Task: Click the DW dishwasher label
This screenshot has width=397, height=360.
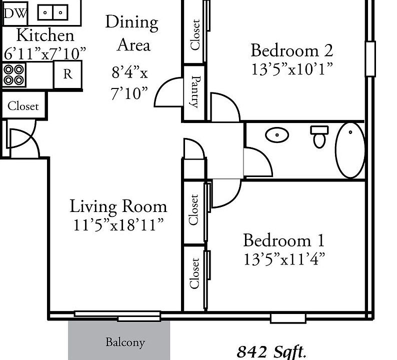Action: click(x=15, y=13)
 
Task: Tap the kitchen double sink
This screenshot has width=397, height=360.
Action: click(x=52, y=12)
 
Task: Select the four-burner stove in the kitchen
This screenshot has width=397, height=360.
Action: click(x=14, y=74)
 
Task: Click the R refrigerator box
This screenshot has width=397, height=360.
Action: click(x=68, y=74)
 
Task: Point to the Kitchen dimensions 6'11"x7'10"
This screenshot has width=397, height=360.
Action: click(x=45, y=53)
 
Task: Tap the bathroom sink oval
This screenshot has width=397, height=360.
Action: click(x=277, y=134)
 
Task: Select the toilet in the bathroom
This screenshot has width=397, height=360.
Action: click(x=319, y=136)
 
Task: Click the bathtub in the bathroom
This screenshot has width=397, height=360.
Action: click(x=350, y=150)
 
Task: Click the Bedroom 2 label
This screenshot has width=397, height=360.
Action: click(x=291, y=50)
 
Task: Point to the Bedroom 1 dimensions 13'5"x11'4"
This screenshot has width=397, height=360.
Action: click(x=284, y=259)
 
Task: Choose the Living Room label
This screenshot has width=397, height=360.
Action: click(x=118, y=206)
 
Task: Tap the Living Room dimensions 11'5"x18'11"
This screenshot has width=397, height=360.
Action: click(x=118, y=224)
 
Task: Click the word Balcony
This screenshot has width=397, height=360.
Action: click(x=125, y=342)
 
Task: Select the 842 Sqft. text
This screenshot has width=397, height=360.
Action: click(x=271, y=352)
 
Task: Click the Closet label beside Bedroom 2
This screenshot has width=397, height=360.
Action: click(x=195, y=34)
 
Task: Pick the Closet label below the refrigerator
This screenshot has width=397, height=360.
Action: click(x=23, y=106)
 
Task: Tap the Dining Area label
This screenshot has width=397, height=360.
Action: click(x=132, y=33)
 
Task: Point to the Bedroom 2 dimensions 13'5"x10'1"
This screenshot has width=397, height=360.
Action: click(x=291, y=69)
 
